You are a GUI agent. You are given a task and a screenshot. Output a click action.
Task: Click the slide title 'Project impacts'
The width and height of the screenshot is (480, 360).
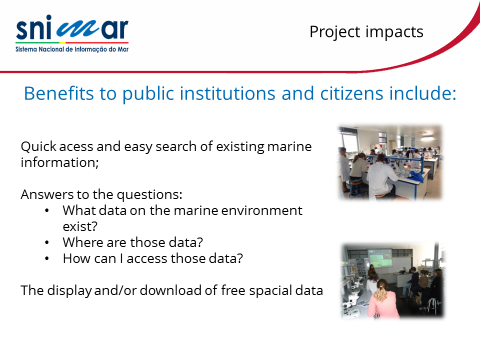pyautogui.click(x=366, y=32)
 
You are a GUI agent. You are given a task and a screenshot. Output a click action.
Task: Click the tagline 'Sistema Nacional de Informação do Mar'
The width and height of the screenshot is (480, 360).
pyautogui.click(x=72, y=49)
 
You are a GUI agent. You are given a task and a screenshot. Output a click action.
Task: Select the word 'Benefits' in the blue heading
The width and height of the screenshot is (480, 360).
pyautogui.click(x=58, y=93)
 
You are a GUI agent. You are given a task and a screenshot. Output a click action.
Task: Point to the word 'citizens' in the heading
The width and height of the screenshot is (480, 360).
pyautogui.click(x=351, y=93)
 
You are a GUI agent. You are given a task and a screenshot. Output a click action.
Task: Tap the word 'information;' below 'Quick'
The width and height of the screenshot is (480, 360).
pyautogui.click(x=59, y=162)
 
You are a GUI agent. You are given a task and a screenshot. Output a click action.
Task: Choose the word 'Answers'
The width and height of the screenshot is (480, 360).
pyautogui.click(x=47, y=194)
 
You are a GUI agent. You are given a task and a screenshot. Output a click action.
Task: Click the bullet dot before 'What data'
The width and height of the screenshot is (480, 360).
pyautogui.click(x=47, y=210)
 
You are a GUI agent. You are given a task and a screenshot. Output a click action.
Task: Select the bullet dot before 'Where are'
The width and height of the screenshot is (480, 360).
pyautogui.click(x=47, y=242)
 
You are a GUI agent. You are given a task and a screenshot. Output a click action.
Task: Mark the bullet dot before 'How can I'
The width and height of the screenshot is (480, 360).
pyautogui.click(x=47, y=258)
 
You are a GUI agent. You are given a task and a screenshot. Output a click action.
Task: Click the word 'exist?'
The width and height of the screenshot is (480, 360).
pyautogui.click(x=80, y=226)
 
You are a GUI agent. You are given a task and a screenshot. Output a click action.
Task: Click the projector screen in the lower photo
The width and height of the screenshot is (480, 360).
pyautogui.click(x=380, y=258)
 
